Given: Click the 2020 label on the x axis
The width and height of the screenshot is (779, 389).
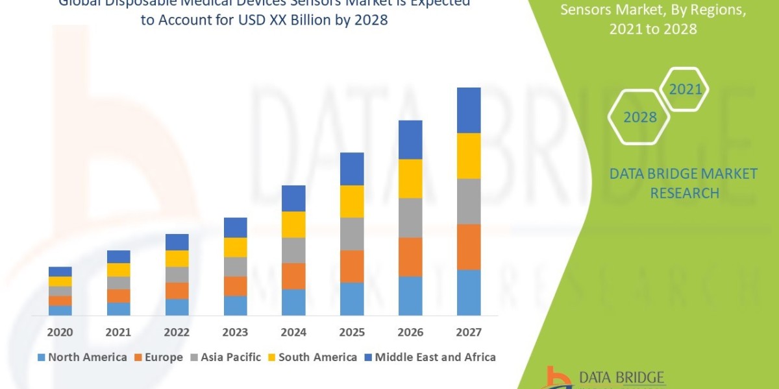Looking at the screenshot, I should point(60,333).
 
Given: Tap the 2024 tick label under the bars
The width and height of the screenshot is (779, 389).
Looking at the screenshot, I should point(293,333).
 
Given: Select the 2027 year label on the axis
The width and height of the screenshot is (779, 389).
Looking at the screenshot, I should point(469,333).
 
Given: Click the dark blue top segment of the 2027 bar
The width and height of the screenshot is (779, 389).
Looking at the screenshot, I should point(469,110).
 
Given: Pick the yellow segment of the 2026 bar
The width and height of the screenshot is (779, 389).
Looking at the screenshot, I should point(410,178).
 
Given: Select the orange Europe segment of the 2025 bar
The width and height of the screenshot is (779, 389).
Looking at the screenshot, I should point(352,266).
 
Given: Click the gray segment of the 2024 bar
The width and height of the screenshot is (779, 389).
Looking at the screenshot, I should point(293,250).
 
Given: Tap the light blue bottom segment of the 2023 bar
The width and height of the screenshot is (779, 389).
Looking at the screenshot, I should point(235,305).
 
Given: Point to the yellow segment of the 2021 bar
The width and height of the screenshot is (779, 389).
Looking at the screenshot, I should point(118,270).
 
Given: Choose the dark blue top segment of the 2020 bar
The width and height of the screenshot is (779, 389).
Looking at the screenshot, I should point(60,271).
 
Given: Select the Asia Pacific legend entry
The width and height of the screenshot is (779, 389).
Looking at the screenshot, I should point(225,357).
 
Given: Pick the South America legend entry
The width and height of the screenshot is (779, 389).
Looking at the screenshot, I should point(312,357).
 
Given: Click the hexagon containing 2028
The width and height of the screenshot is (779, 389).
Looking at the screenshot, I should point(639,117).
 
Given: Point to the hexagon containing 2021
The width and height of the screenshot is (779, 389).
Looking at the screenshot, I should point(685,89).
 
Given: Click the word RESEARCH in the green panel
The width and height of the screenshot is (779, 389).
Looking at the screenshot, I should point(684,193).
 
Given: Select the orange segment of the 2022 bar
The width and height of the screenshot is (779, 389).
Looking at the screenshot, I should point(177,290).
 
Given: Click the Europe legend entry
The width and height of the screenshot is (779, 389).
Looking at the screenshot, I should point(158,357).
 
